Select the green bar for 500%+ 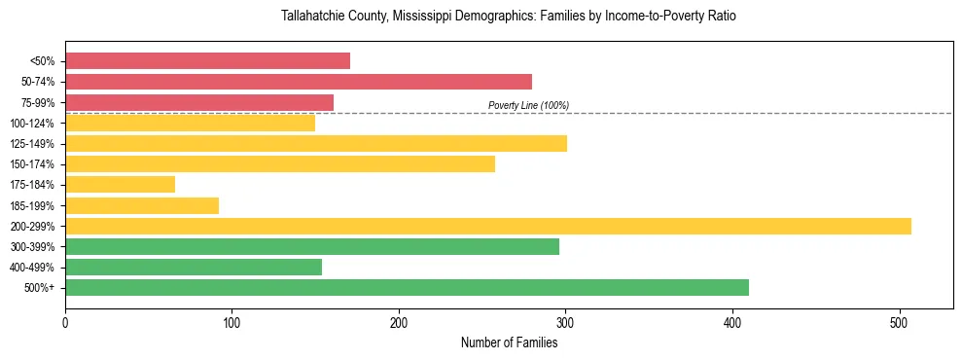click(x=407, y=287)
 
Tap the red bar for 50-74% click(x=299, y=81)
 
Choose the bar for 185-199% click(x=142, y=205)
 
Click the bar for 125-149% click(x=316, y=143)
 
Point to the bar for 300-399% click(x=312, y=246)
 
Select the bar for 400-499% click(x=194, y=267)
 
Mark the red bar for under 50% click(x=207, y=60)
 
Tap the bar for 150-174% click(x=280, y=163)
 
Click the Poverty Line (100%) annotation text click(x=528, y=105)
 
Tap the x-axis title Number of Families click(x=509, y=342)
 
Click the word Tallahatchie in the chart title click(x=312, y=17)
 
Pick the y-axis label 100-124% click(x=32, y=123)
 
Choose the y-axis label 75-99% click(x=36, y=102)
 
